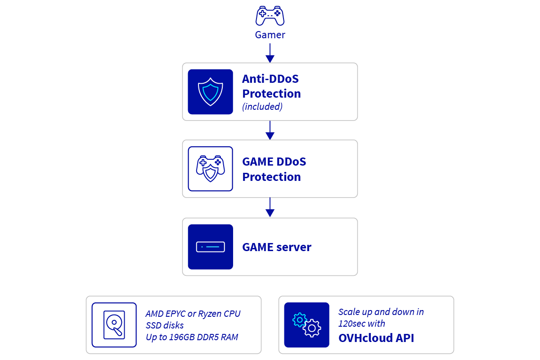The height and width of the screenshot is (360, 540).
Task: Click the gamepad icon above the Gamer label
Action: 270,16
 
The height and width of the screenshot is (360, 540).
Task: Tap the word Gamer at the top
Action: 270,35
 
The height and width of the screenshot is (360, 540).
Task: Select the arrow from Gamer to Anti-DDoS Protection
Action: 270,53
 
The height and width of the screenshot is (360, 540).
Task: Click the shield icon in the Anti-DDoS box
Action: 210,92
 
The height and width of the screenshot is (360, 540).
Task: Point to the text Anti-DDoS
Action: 270,79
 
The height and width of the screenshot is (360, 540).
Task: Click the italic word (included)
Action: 262,107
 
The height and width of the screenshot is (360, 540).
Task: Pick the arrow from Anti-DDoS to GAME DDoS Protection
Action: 270,130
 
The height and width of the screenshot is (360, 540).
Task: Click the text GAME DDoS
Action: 274,162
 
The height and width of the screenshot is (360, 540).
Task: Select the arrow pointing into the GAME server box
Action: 270,207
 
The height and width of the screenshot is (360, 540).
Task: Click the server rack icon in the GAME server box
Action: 210,247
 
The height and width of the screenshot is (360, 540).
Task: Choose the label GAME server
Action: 276,247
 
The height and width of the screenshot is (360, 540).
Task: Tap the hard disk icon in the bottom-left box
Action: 114,325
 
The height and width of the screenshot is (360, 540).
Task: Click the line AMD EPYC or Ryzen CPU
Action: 193,314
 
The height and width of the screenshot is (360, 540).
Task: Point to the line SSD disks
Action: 165,325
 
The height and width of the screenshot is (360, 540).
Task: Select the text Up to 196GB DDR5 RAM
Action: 192,337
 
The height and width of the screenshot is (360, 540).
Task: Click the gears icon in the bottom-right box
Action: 306,325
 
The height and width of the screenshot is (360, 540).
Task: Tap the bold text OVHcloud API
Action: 376,338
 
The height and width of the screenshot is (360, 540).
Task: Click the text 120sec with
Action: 361,323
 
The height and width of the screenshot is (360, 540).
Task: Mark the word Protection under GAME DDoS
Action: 271,177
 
